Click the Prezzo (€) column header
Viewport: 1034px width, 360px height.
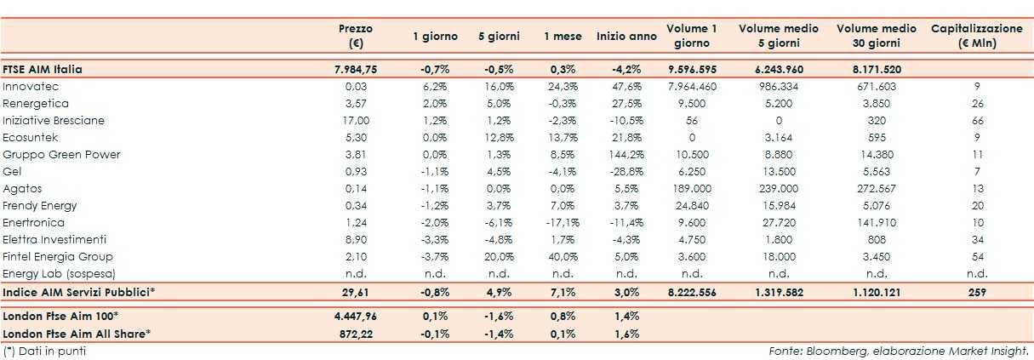tap(355, 36)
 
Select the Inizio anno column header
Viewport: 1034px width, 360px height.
tap(626, 37)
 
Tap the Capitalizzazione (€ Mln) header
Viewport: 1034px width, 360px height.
tap(977, 36)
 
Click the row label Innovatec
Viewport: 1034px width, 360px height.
tap(31, 87)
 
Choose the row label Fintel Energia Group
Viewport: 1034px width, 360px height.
tap(58, 257)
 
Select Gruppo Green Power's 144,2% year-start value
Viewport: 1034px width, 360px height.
tap(626, 155)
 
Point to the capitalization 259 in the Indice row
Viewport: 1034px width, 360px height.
tap(977, 293)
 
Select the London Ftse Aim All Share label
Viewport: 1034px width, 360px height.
tap(77, 334)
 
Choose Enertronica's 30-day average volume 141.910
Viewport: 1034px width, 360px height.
tap(876, 223)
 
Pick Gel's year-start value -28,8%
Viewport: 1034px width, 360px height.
tap(626, 172)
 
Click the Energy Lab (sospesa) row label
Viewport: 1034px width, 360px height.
tap(59, 274)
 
